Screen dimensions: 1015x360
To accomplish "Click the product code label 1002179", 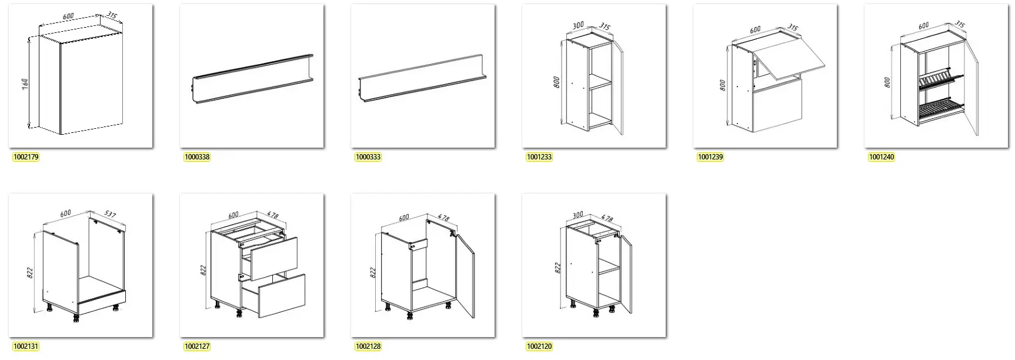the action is coord(25,157).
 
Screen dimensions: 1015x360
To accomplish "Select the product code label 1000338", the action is coord(196,157).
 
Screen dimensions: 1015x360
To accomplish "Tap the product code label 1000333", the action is coord(368,157).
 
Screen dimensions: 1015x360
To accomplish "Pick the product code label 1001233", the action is coord(539,157).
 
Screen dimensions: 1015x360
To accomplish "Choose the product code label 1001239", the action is coord(710,157).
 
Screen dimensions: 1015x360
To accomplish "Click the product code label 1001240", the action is coord(881,157).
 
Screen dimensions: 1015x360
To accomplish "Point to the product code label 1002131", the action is coord(25,346).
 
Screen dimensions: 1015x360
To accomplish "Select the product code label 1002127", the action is coord(196,346).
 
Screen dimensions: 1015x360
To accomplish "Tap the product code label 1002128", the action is coord(368,346).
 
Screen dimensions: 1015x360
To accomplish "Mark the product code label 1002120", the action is coord(539,346).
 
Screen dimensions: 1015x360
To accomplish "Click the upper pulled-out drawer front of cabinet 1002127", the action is coord(274,258).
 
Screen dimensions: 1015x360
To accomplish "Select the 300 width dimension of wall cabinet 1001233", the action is coord(577,26).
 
